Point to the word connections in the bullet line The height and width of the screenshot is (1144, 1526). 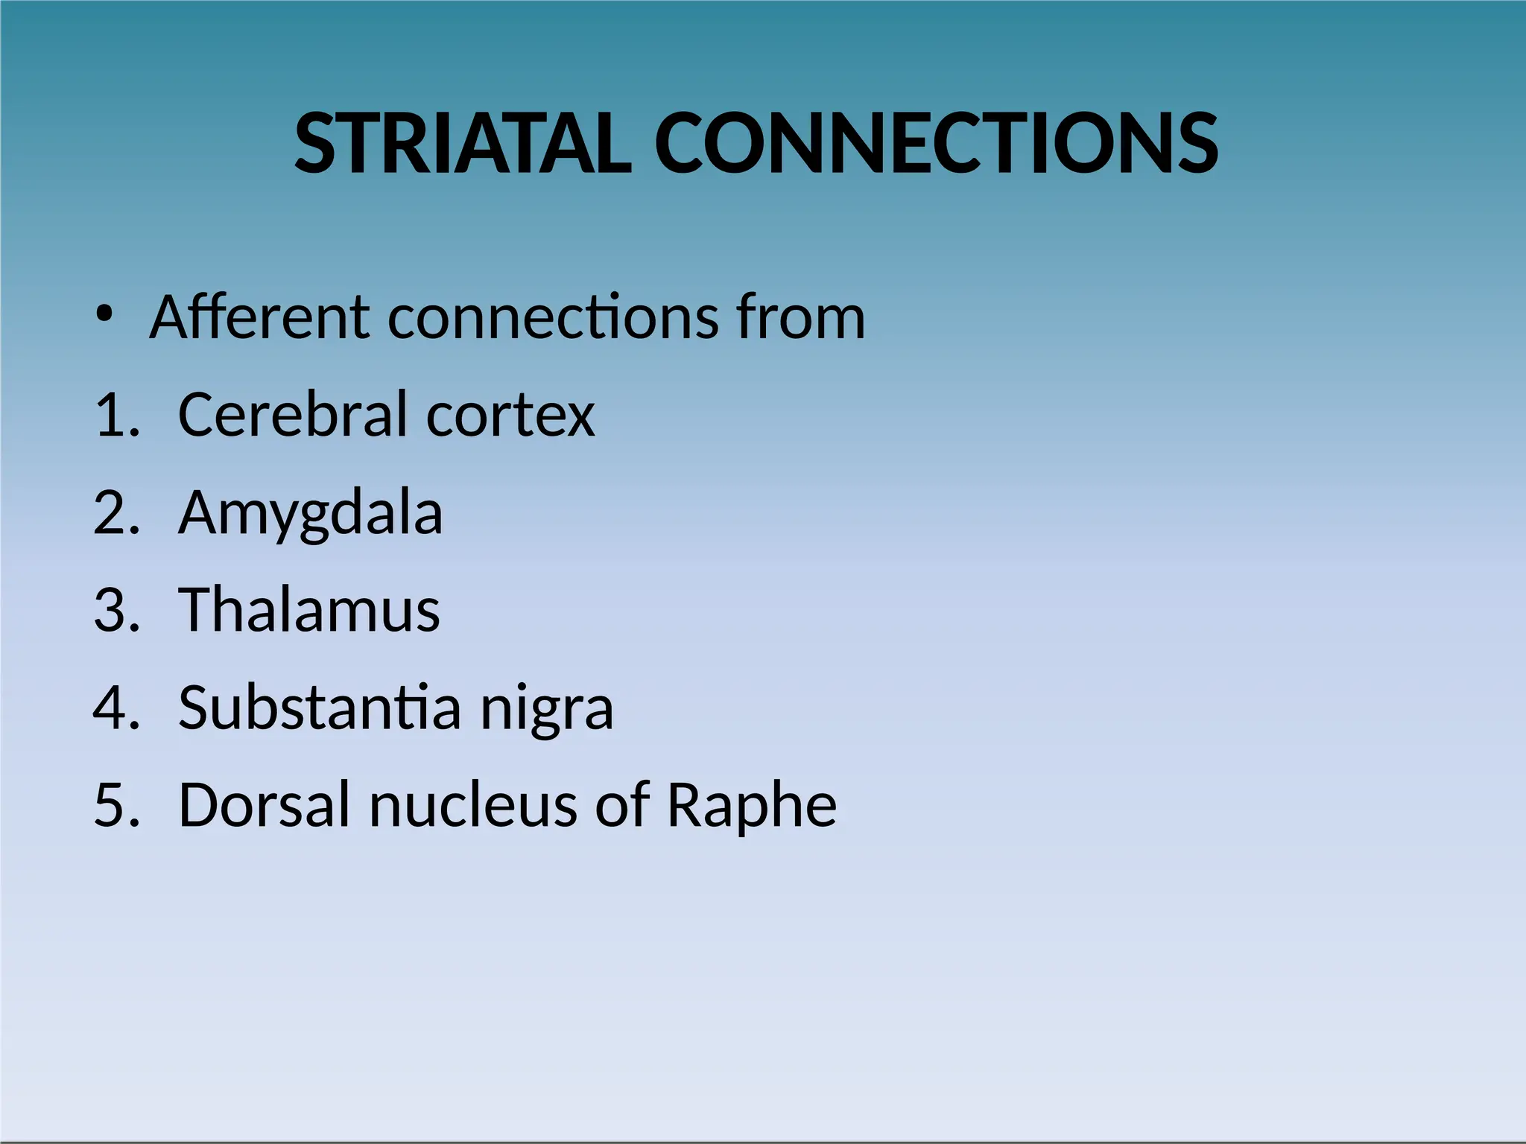(551, 318)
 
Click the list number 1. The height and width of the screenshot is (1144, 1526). (116, 416)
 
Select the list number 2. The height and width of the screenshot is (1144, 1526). (116, 513)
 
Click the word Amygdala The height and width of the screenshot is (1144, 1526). (310, 515)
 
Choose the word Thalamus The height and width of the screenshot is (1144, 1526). (308, 610)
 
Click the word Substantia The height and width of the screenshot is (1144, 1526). (320, 708)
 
